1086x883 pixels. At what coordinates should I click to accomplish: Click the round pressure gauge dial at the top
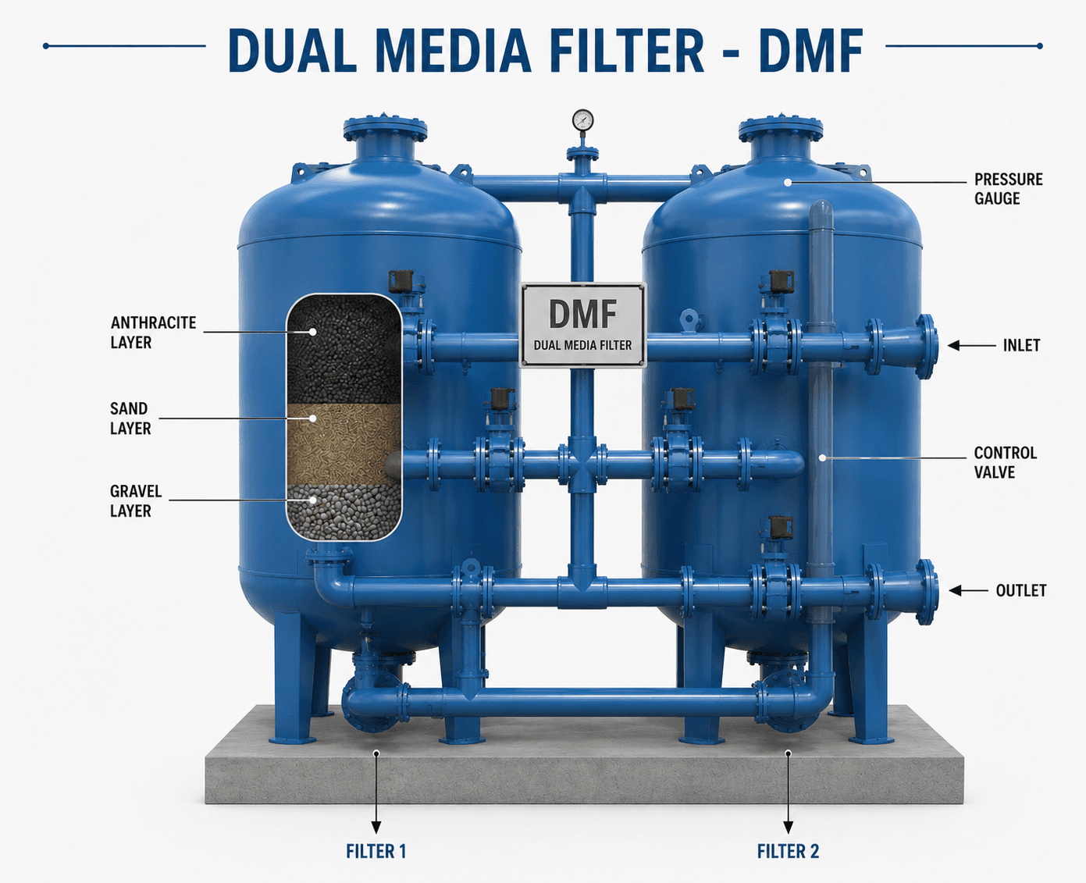pyautogui.click(x=582, y=120)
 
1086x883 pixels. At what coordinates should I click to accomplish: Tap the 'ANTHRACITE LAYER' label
pyautogui.click(x=154, y=333)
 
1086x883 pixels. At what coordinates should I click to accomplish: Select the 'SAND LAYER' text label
pyautogui.click(x=130, y=418)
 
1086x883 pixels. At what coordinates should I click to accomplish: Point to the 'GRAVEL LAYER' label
pyautogui.click(x=136, y=501)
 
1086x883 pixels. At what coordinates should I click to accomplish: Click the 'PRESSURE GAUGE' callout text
pyautogui.click(x=1009, y=189)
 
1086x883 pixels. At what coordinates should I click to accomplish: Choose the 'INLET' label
pyautogui.click(x=1021, y=346)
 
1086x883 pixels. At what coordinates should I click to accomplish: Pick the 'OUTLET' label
pyautogui.click(x=1021, y=590)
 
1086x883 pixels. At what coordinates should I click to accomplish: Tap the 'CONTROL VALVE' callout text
pyautogui.click(x=1006, y=462)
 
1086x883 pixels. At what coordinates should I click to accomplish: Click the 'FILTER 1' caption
pyautogui.click(x=376, y=852)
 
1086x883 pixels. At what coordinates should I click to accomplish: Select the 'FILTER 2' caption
pyautogui.click(x=789, y=852)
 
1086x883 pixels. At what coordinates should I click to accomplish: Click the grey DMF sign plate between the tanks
pyautogui.click(x=582, y=326)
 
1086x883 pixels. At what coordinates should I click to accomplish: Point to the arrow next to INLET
pyautogui.click(x=972, y=346)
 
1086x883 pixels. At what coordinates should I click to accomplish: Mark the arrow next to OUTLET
pyautogui.click(x=969, y=590)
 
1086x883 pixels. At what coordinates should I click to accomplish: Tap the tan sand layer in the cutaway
pyautogui.click(x=344, y=443)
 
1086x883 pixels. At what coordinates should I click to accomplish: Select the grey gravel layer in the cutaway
pyautogui.click(x=344, y=511)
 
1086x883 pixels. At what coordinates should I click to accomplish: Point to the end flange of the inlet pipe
pyautogui.click(x=927, y=347)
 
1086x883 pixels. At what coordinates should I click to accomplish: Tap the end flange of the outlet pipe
pyautogui.click(x=928, y=592)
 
